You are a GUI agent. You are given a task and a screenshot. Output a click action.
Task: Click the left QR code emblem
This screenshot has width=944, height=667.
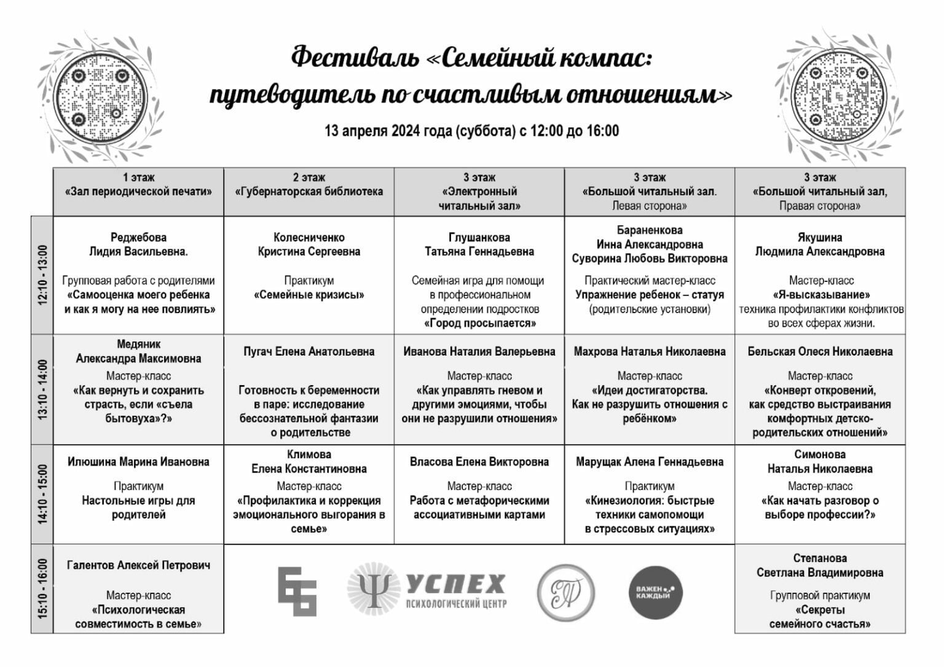pyautogui.click(x=102, y=96)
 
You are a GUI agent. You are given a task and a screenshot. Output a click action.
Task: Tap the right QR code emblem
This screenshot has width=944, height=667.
pyautogui.click(x=840, y=96)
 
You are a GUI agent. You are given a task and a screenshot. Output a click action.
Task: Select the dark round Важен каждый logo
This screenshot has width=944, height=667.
pyautogui.click(x=655, y=592)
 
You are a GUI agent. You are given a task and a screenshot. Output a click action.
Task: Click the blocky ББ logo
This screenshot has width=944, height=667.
pyautogui.click(x=297, y=591)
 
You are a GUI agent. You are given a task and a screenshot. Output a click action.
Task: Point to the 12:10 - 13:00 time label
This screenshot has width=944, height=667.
pyautogui.click(x=42, y=275)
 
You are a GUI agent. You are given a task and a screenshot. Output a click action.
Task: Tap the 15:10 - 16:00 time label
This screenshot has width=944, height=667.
pyautogui.click(x=42, y=588)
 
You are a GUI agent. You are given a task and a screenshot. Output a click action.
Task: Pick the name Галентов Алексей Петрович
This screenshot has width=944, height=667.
pyautogui.click(x=138, y=565)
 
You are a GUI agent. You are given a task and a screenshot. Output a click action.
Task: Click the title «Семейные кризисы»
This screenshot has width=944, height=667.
pyautogui.click(x=309, y=295)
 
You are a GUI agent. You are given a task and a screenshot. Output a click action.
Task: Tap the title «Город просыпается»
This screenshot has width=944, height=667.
pyautogui.click(x=479, y=323)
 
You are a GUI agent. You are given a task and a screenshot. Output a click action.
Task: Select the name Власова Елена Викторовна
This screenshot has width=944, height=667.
pyautogui.click(x=479, y=462)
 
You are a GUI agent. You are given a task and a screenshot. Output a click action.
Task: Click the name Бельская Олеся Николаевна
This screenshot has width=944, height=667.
pyautogui.click(x=820, y=351)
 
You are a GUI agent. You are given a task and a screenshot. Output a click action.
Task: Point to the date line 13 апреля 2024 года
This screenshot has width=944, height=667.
pyautogui.click(x=471, y=131)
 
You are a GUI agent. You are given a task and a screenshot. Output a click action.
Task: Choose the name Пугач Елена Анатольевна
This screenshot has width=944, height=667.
pyautogui.click(x=309, y=351)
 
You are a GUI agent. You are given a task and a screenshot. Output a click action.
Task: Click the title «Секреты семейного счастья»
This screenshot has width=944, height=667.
pyautogui.click(x=820, y=617)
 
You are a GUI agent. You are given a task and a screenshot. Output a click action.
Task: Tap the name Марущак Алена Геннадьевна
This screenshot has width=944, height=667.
pyautogui.click(x=650, y=462)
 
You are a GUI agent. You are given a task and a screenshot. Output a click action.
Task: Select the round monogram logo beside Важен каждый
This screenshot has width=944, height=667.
pyautogui.click(x=565, y=592)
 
